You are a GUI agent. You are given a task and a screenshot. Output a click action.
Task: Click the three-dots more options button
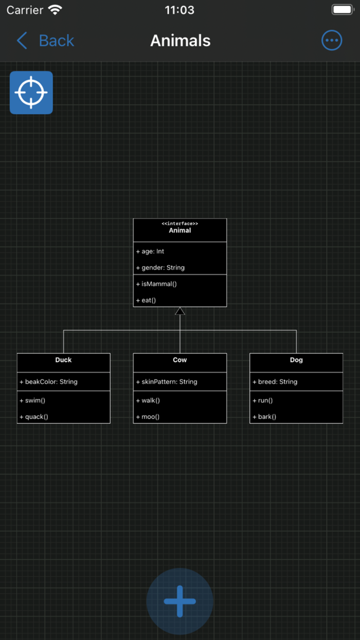(332, 41)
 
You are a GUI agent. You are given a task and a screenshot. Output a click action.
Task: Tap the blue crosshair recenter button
(31, 93)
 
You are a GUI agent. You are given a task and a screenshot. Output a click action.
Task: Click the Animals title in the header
(180, 41)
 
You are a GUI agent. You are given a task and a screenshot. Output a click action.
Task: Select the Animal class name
(180, 230)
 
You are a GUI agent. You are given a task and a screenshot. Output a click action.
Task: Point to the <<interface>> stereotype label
(180, 224)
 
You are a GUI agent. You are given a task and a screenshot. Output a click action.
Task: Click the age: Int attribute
(150, 252)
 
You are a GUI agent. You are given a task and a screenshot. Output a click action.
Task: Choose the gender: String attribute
(160, 268)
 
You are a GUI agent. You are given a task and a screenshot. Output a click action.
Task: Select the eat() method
(146, 300)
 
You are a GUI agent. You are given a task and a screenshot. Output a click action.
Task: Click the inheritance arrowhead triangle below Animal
(180, 311)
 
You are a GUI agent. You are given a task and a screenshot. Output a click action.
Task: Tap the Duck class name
(64, 360)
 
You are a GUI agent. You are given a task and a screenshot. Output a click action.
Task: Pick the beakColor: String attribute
(48, 382)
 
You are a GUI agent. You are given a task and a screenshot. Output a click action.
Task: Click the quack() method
(34, 417)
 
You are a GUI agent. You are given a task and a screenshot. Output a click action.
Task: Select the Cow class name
(180, 360)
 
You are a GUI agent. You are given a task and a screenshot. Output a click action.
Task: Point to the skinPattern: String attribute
(167, 382)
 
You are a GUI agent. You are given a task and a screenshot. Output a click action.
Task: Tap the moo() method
(148, 417)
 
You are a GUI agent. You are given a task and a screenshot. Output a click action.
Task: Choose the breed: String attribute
(275, 382)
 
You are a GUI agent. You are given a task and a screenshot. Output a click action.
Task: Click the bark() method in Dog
(264, 417)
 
